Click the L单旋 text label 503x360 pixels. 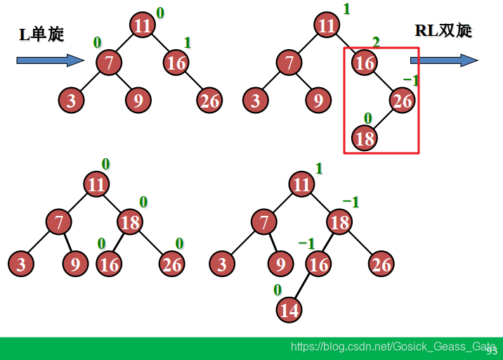tap(41, 34)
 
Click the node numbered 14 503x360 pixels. tap(289, 309)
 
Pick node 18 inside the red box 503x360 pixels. tap(365, 138)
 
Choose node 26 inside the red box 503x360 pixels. tap(402, 101)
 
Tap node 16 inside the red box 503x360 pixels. tap(365, 63)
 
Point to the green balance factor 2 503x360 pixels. tap(376, 43)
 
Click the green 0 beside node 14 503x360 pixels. tap(277, 290)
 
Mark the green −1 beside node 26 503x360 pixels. tap(410, 80)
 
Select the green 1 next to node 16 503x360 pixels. tap(187, 43)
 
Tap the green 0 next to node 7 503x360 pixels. tap(97, 43)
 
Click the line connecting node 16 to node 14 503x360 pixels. tap(304, 287)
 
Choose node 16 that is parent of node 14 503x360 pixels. tap(319, 264)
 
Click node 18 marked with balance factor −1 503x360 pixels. tap(340, 223)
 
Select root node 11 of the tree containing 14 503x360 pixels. tap(302, 185)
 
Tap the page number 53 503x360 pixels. tap(491, 349)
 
